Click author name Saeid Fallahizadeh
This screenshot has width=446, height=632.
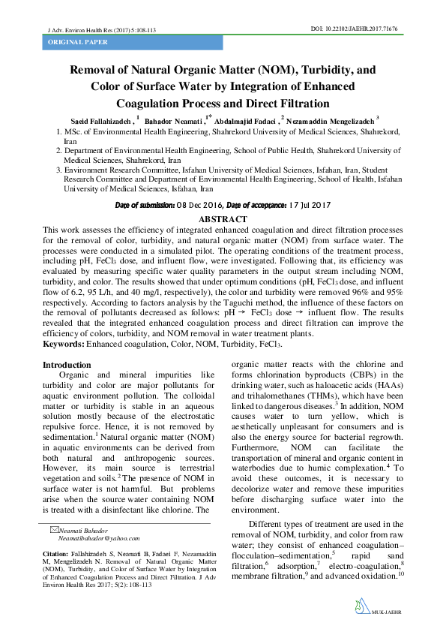(x=98, y=120)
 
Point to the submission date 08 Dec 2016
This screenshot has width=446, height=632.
(x=197, y=205)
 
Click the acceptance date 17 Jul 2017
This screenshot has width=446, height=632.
(x=313, y=205)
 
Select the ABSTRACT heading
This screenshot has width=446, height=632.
(x=223, y=218)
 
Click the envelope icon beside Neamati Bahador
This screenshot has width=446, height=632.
(x=52, y=530)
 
